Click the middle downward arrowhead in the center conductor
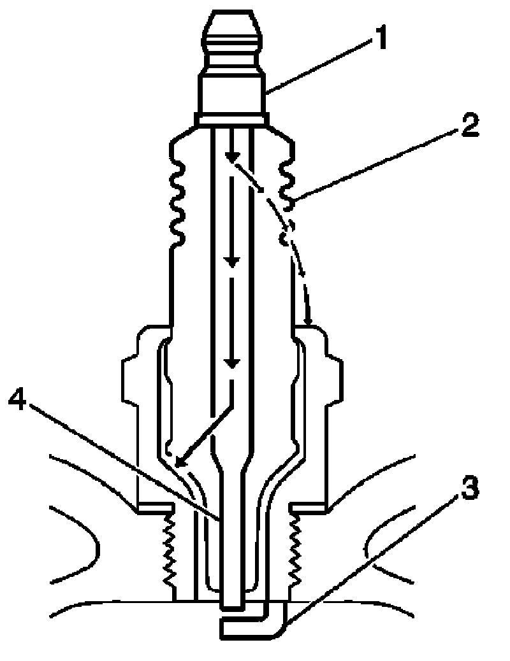232,261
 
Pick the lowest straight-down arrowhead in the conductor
232,363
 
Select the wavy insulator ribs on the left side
176,197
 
